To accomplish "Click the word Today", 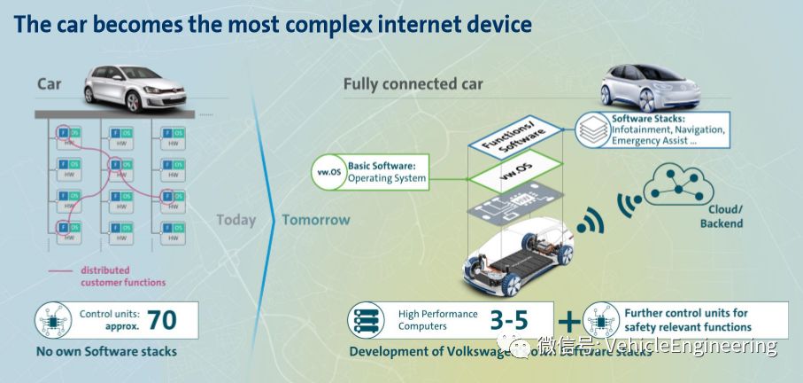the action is pos(235,220).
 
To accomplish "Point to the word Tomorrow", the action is pos(316,220).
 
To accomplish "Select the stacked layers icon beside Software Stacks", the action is pos(592,129).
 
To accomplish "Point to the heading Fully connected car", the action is pos(413,84).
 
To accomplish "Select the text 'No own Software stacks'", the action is pos(106,351).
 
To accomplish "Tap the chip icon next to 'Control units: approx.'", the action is pos(54,320).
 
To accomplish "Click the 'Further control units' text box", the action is pos(686,320).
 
